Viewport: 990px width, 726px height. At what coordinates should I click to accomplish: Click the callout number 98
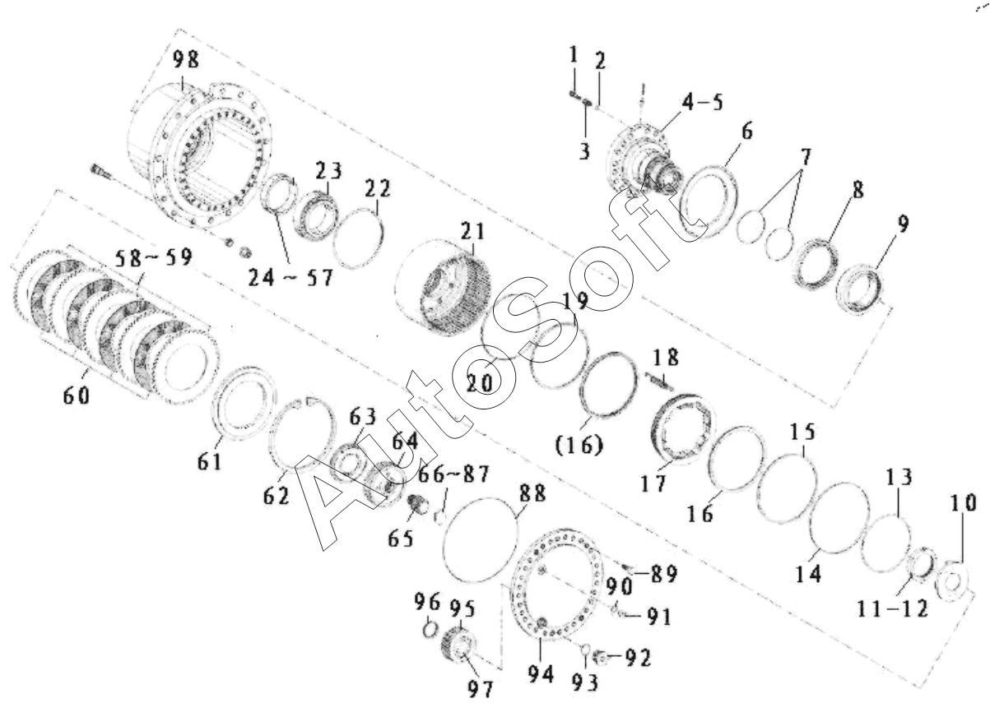[186, 59]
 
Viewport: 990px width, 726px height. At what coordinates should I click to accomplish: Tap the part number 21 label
[473, 231]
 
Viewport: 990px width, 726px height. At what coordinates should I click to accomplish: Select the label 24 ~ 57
[290, 278]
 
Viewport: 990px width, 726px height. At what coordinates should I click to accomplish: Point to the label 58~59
[154, 257]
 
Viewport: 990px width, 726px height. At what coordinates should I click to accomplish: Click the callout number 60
[77, 395]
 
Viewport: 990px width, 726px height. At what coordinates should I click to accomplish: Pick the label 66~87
[453, 474]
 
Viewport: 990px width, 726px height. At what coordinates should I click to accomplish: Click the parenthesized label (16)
[579, 445]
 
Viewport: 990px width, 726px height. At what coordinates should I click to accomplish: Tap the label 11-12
[892, 610]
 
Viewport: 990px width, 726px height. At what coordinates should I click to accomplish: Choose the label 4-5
[702, 102]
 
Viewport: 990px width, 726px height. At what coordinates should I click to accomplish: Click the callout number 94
[541, 674]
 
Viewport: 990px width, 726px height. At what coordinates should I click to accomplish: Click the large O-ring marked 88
[480, 540]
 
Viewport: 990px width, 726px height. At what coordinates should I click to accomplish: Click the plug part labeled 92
[600, 658]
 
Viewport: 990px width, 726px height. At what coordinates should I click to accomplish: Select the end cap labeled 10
[952, 581]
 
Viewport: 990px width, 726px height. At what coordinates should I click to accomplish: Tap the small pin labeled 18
[659, 381]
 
